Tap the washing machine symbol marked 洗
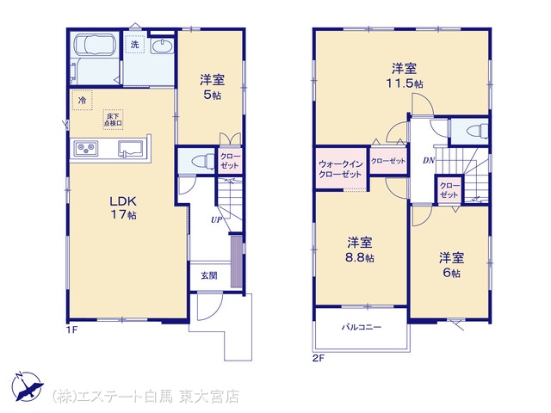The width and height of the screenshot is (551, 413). click(135, 44)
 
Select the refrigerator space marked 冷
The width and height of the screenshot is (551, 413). click(82, 100)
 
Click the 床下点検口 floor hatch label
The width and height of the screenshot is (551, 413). click(113, 120)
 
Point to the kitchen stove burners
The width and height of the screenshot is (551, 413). click(85, 147)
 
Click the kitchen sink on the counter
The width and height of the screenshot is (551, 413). click(130, 149)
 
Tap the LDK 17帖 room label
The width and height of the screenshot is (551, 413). click(123, 207)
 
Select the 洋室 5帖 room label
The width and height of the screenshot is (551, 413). click(212, 86)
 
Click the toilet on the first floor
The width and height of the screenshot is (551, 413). click(202, 162)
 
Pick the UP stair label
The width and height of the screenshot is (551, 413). click(216, 220)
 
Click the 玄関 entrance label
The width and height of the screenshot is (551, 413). click(209, 275)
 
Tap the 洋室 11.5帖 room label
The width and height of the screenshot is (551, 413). click(405, 75)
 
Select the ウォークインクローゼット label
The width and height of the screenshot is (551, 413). click(340, 169)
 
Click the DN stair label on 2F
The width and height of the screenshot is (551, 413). click(429, 161)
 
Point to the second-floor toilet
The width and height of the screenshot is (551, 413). click(477, 132)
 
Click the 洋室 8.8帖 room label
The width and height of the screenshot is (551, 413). click(360, 250)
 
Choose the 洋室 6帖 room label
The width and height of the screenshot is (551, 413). click(451, 265)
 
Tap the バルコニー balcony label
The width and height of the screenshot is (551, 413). click(362, 327)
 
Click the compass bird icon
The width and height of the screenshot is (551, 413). click(28, 386)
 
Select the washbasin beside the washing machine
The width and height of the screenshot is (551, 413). click(162, 46)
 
